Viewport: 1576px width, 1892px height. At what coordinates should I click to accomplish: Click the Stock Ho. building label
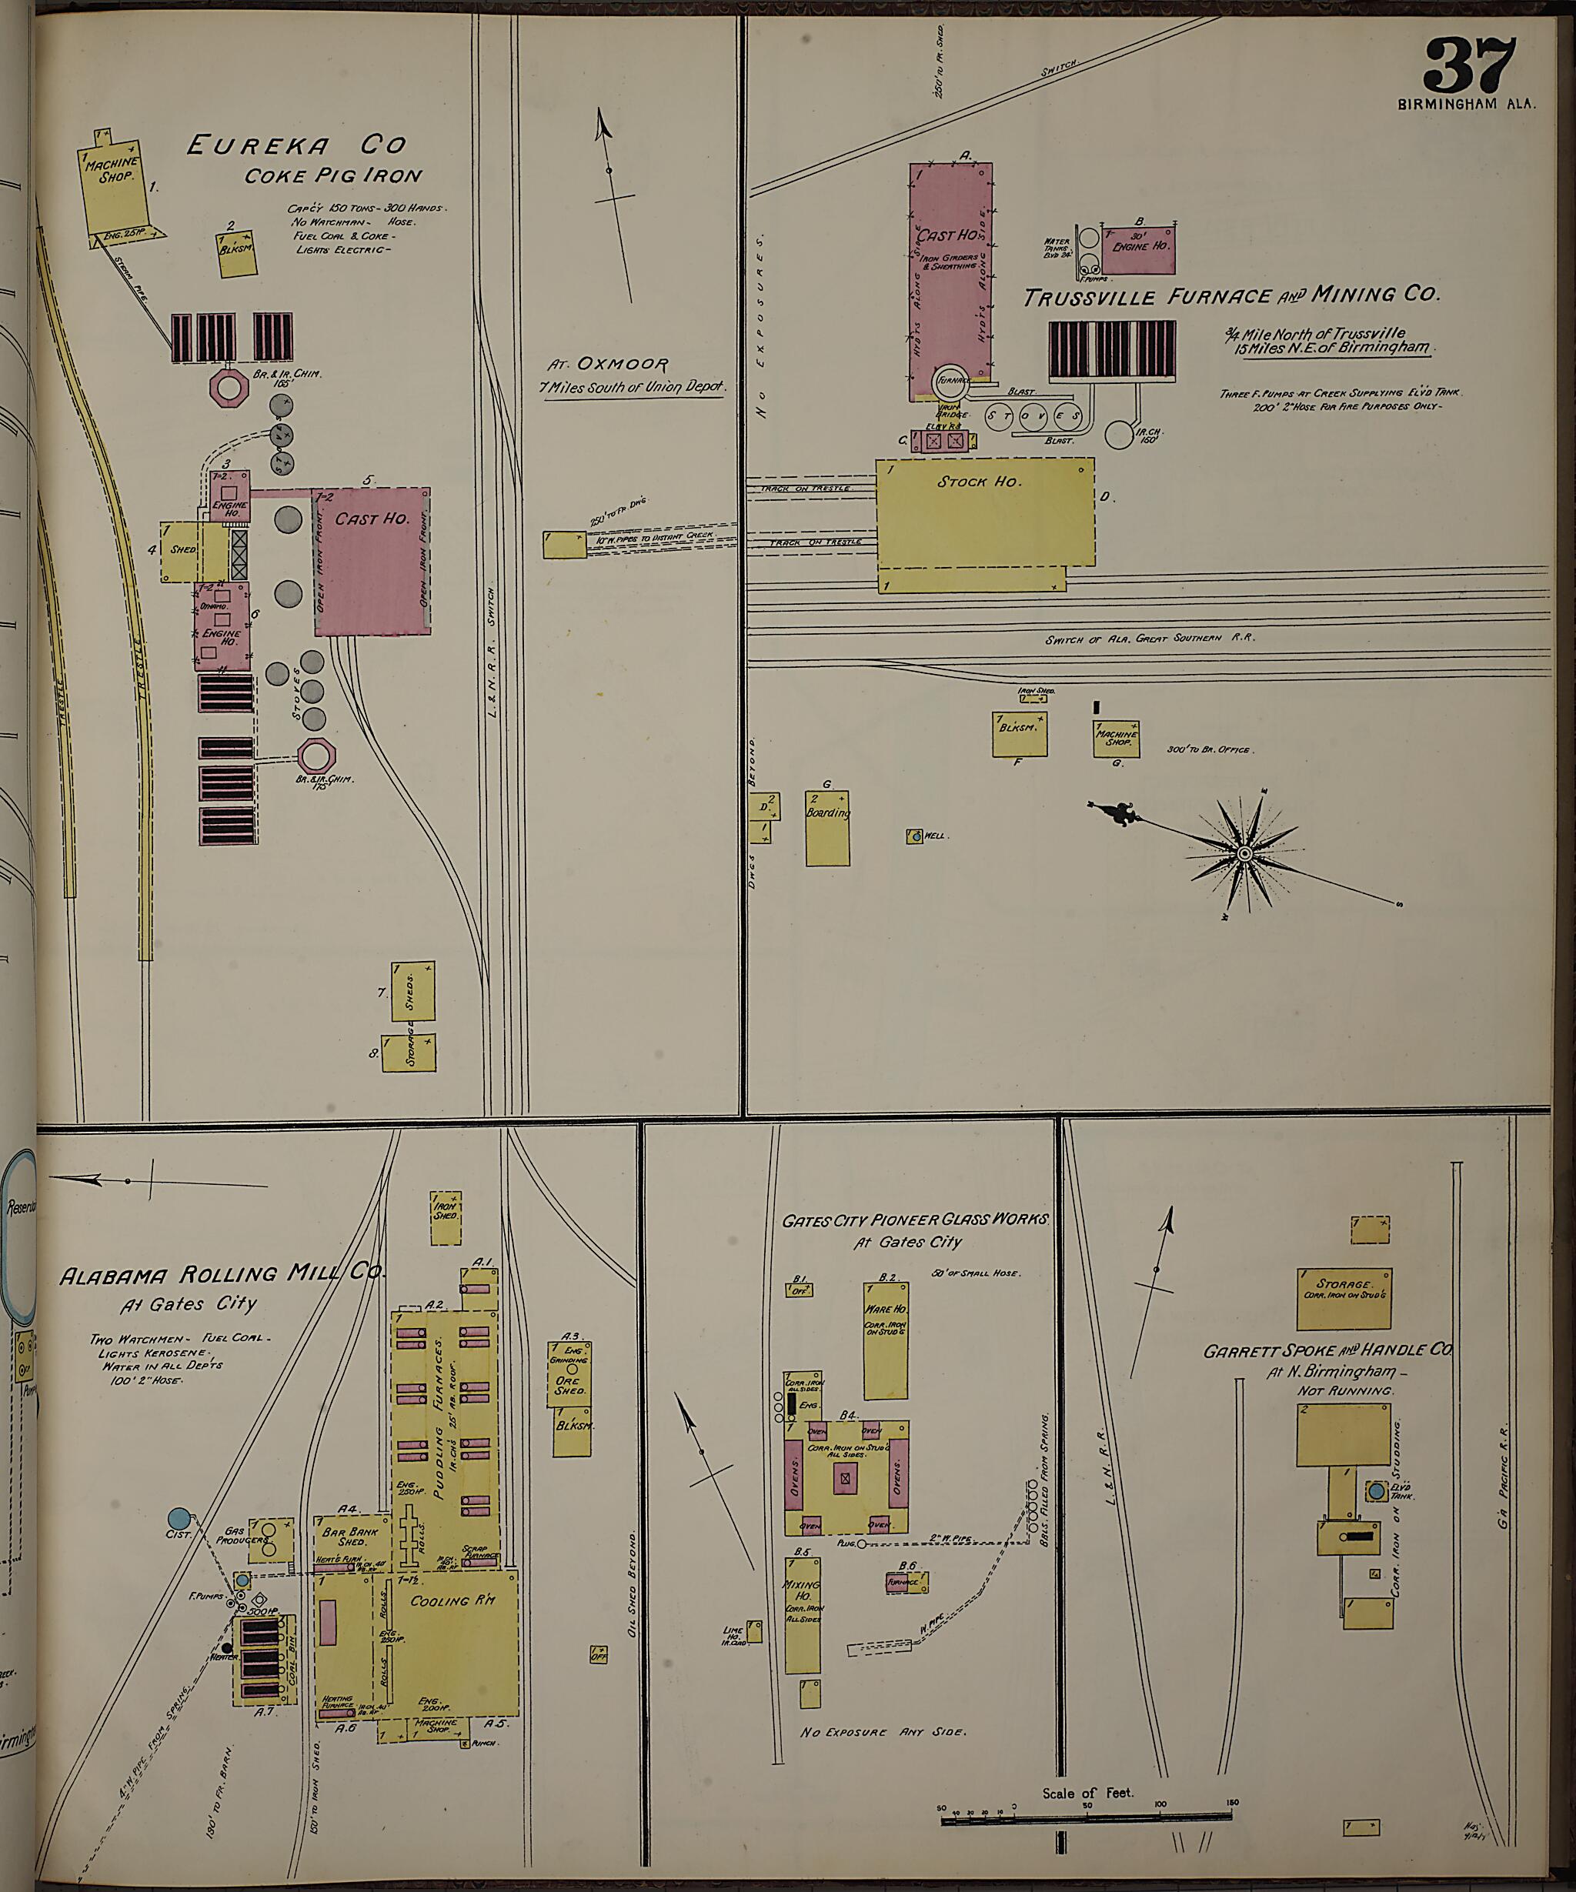pyautogui.click(x=979, y=482)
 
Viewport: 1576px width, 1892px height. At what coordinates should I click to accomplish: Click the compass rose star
pyautogui.click(x=1244, y=853)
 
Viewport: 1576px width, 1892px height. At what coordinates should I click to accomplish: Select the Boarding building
pyautogui.click(x=826, y=827)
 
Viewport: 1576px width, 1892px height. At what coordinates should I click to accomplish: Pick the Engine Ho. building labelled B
pyautogui.click(x=1138, y=248)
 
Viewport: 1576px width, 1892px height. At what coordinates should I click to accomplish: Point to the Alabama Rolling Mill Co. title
pyautogui.click(x=222, y=1274)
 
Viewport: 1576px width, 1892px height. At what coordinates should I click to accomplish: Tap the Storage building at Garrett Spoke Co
pyautogui.click(x=1343, y=1298)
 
